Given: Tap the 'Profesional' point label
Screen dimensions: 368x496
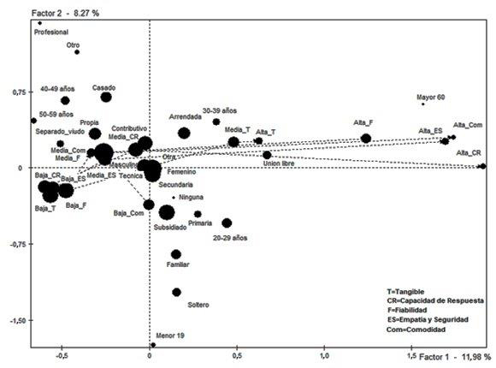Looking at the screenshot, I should [50, 33].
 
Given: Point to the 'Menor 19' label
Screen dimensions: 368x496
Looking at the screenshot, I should [170, 335].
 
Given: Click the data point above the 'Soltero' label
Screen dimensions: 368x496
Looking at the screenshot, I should [176, 292].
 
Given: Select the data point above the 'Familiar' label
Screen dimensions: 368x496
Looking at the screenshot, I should [176, 254].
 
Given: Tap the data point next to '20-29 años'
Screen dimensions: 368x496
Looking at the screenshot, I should [227, 223].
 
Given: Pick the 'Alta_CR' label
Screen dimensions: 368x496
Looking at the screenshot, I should [469, 153].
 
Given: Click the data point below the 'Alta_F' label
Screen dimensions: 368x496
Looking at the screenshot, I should [366, 139].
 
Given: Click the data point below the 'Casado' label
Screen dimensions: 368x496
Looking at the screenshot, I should [106, 97].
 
